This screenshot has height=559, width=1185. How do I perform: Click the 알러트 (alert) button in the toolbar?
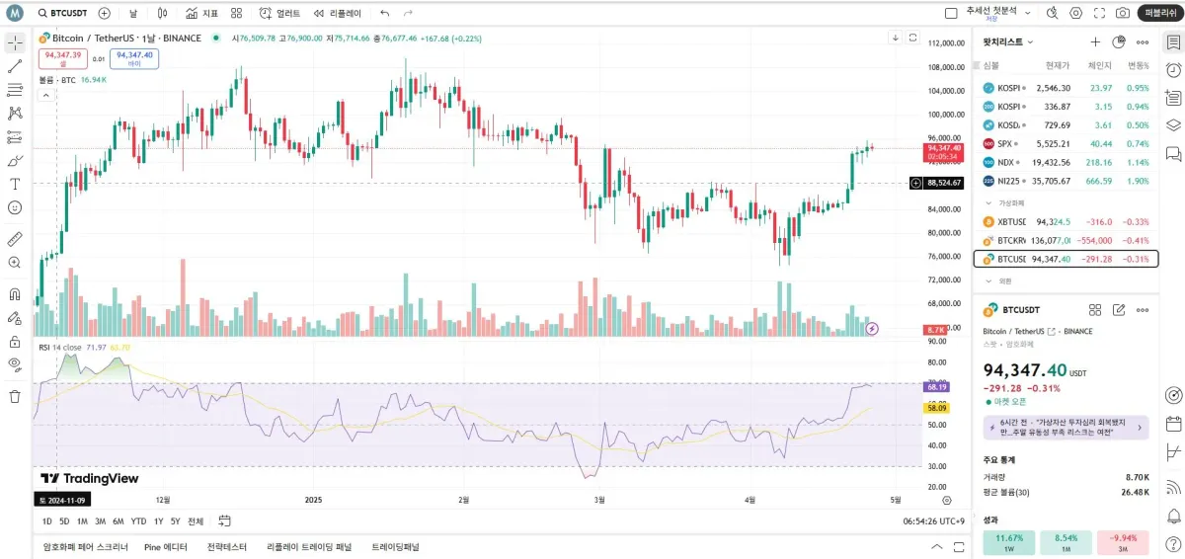click(x=279, y=13)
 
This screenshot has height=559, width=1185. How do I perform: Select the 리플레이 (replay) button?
click(x=337, y=13)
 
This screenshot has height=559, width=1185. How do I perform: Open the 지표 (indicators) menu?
click(x=202, y=13)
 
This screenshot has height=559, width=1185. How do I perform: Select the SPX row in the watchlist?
click(x=1066, y=143)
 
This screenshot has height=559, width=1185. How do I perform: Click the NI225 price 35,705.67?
click(x=1051, y=181)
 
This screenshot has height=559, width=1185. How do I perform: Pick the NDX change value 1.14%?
click(x=1138, y=162)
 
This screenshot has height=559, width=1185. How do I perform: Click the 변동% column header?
click(x=1140, y=65)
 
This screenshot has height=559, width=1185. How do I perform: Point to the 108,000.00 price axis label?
click(x=945, y=67)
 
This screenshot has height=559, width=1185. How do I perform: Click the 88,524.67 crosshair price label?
click(x=944, y=183)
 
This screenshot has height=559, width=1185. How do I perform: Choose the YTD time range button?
click(x=138, y=521)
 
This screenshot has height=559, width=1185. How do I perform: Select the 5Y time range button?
click(x=175, y=521)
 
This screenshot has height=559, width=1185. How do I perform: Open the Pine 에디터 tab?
click(x=166, y=546)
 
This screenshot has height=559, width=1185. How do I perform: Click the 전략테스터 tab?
click(x=226, y=546)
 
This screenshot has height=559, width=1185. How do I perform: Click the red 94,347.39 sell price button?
click(x=63, y=58)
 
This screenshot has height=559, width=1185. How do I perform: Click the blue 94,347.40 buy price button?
click(x=134, y=58)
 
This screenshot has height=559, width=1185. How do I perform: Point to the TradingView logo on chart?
click(x=90, y=478)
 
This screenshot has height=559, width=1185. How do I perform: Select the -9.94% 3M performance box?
click(x=1123, y=543)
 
